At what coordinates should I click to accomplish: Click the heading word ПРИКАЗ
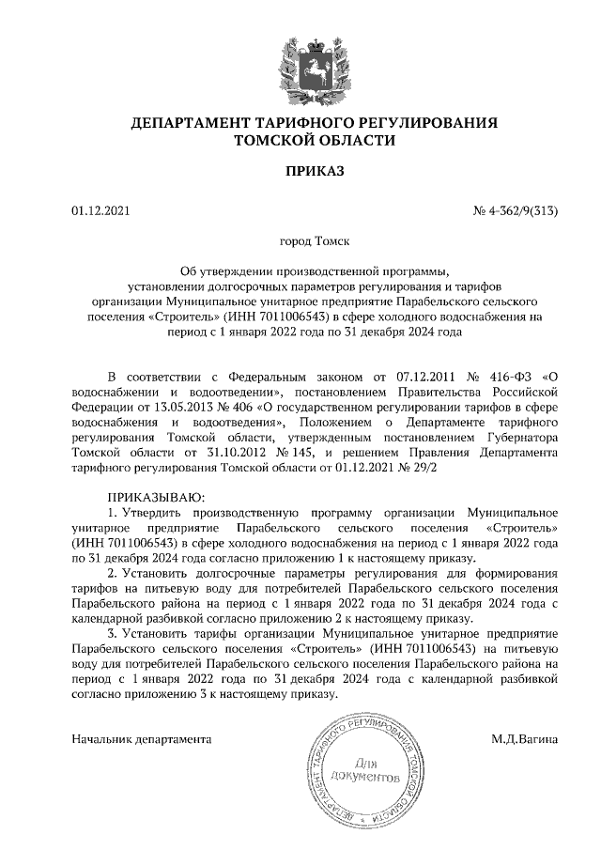coord(300,172)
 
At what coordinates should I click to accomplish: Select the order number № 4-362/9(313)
coord(516,211)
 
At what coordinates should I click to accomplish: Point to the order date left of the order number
coord(99,211)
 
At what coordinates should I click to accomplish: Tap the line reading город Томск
coord(300,241)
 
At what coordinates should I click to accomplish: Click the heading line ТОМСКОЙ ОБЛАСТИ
coord(300,141)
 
